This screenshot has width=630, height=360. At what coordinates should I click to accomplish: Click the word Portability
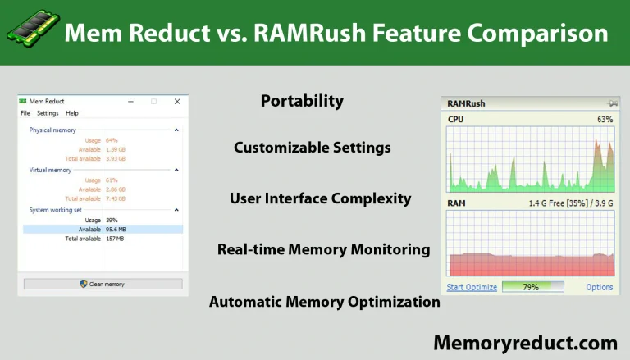pyautogui.click(x=302, y=101)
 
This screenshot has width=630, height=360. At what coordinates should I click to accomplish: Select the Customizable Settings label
pyautogui.click(x=312, y=148)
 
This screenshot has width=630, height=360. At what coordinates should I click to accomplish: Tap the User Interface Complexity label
pyautogui.click(x=320, y=198)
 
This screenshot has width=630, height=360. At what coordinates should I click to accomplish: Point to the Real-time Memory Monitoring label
pyautogui.click(x=323, y=249)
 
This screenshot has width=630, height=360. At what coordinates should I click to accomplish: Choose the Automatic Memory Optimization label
pyautogui.click(x=324, y=301)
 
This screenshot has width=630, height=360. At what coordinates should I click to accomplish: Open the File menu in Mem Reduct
pyautogui.click(x=25, y=113)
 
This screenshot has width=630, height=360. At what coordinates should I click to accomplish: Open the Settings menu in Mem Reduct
pyautogui.click(x=48, y=113)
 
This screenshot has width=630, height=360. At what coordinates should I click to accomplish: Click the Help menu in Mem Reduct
pyautogui.click(x=72, y=113)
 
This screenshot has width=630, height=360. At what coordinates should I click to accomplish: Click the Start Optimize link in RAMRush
pyautogui.click(x=472, y=287)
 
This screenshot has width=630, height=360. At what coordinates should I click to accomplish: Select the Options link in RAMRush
pyautogui.click(x=600, y=287)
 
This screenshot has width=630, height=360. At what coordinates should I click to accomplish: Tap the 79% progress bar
pyautogui.click(x=532, y=287)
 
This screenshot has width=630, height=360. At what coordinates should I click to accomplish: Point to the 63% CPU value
pyautogui.click(x=605, y=120)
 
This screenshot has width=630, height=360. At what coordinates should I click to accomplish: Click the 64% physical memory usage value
pyautogui.click(x=112, y=140)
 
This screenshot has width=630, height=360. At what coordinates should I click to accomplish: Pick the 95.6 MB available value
pyautogui.click(x=115, y=230)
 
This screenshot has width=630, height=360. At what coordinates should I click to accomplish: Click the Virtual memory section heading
pyautogui.click(x=50, y=170)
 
